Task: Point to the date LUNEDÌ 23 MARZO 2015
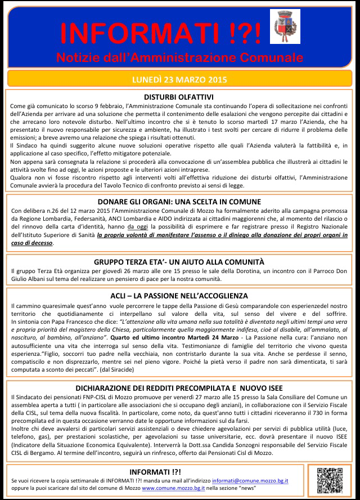coord(179,79)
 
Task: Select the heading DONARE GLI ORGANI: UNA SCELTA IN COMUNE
coord(179,202)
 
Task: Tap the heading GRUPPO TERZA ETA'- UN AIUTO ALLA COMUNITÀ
coord(179,262)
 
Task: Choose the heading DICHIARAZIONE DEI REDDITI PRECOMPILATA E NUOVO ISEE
coord(179,388)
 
